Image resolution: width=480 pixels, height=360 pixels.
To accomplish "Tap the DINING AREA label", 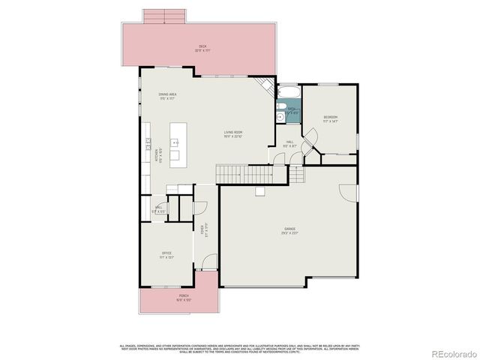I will [167, 95].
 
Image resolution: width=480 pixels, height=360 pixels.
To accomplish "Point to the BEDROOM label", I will [330, 118].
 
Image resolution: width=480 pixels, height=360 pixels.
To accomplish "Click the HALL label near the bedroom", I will [289, 142].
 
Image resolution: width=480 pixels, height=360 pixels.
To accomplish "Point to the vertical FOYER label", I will [202, 229].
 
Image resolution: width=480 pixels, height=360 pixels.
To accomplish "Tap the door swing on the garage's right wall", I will [347, 193].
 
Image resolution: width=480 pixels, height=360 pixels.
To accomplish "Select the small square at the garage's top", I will [259, 192].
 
